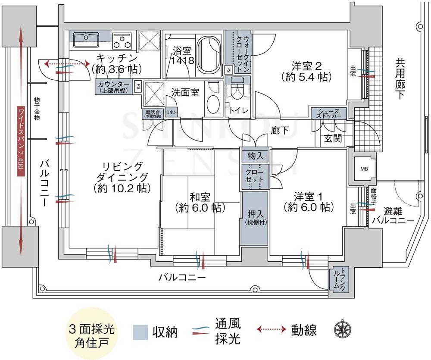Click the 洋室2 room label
point(306,71)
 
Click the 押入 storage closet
point(253,218)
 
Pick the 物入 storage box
point(254,155)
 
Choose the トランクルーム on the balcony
point(337,280)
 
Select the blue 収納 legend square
point(141,332)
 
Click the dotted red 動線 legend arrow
point(272,330)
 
